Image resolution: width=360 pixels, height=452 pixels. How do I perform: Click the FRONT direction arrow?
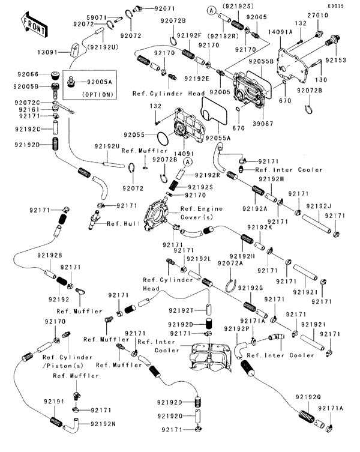[x=35, y=23]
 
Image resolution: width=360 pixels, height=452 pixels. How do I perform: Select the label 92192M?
[x=273, y=179]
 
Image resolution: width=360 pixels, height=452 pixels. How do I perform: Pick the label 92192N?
[x=104, y=424]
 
